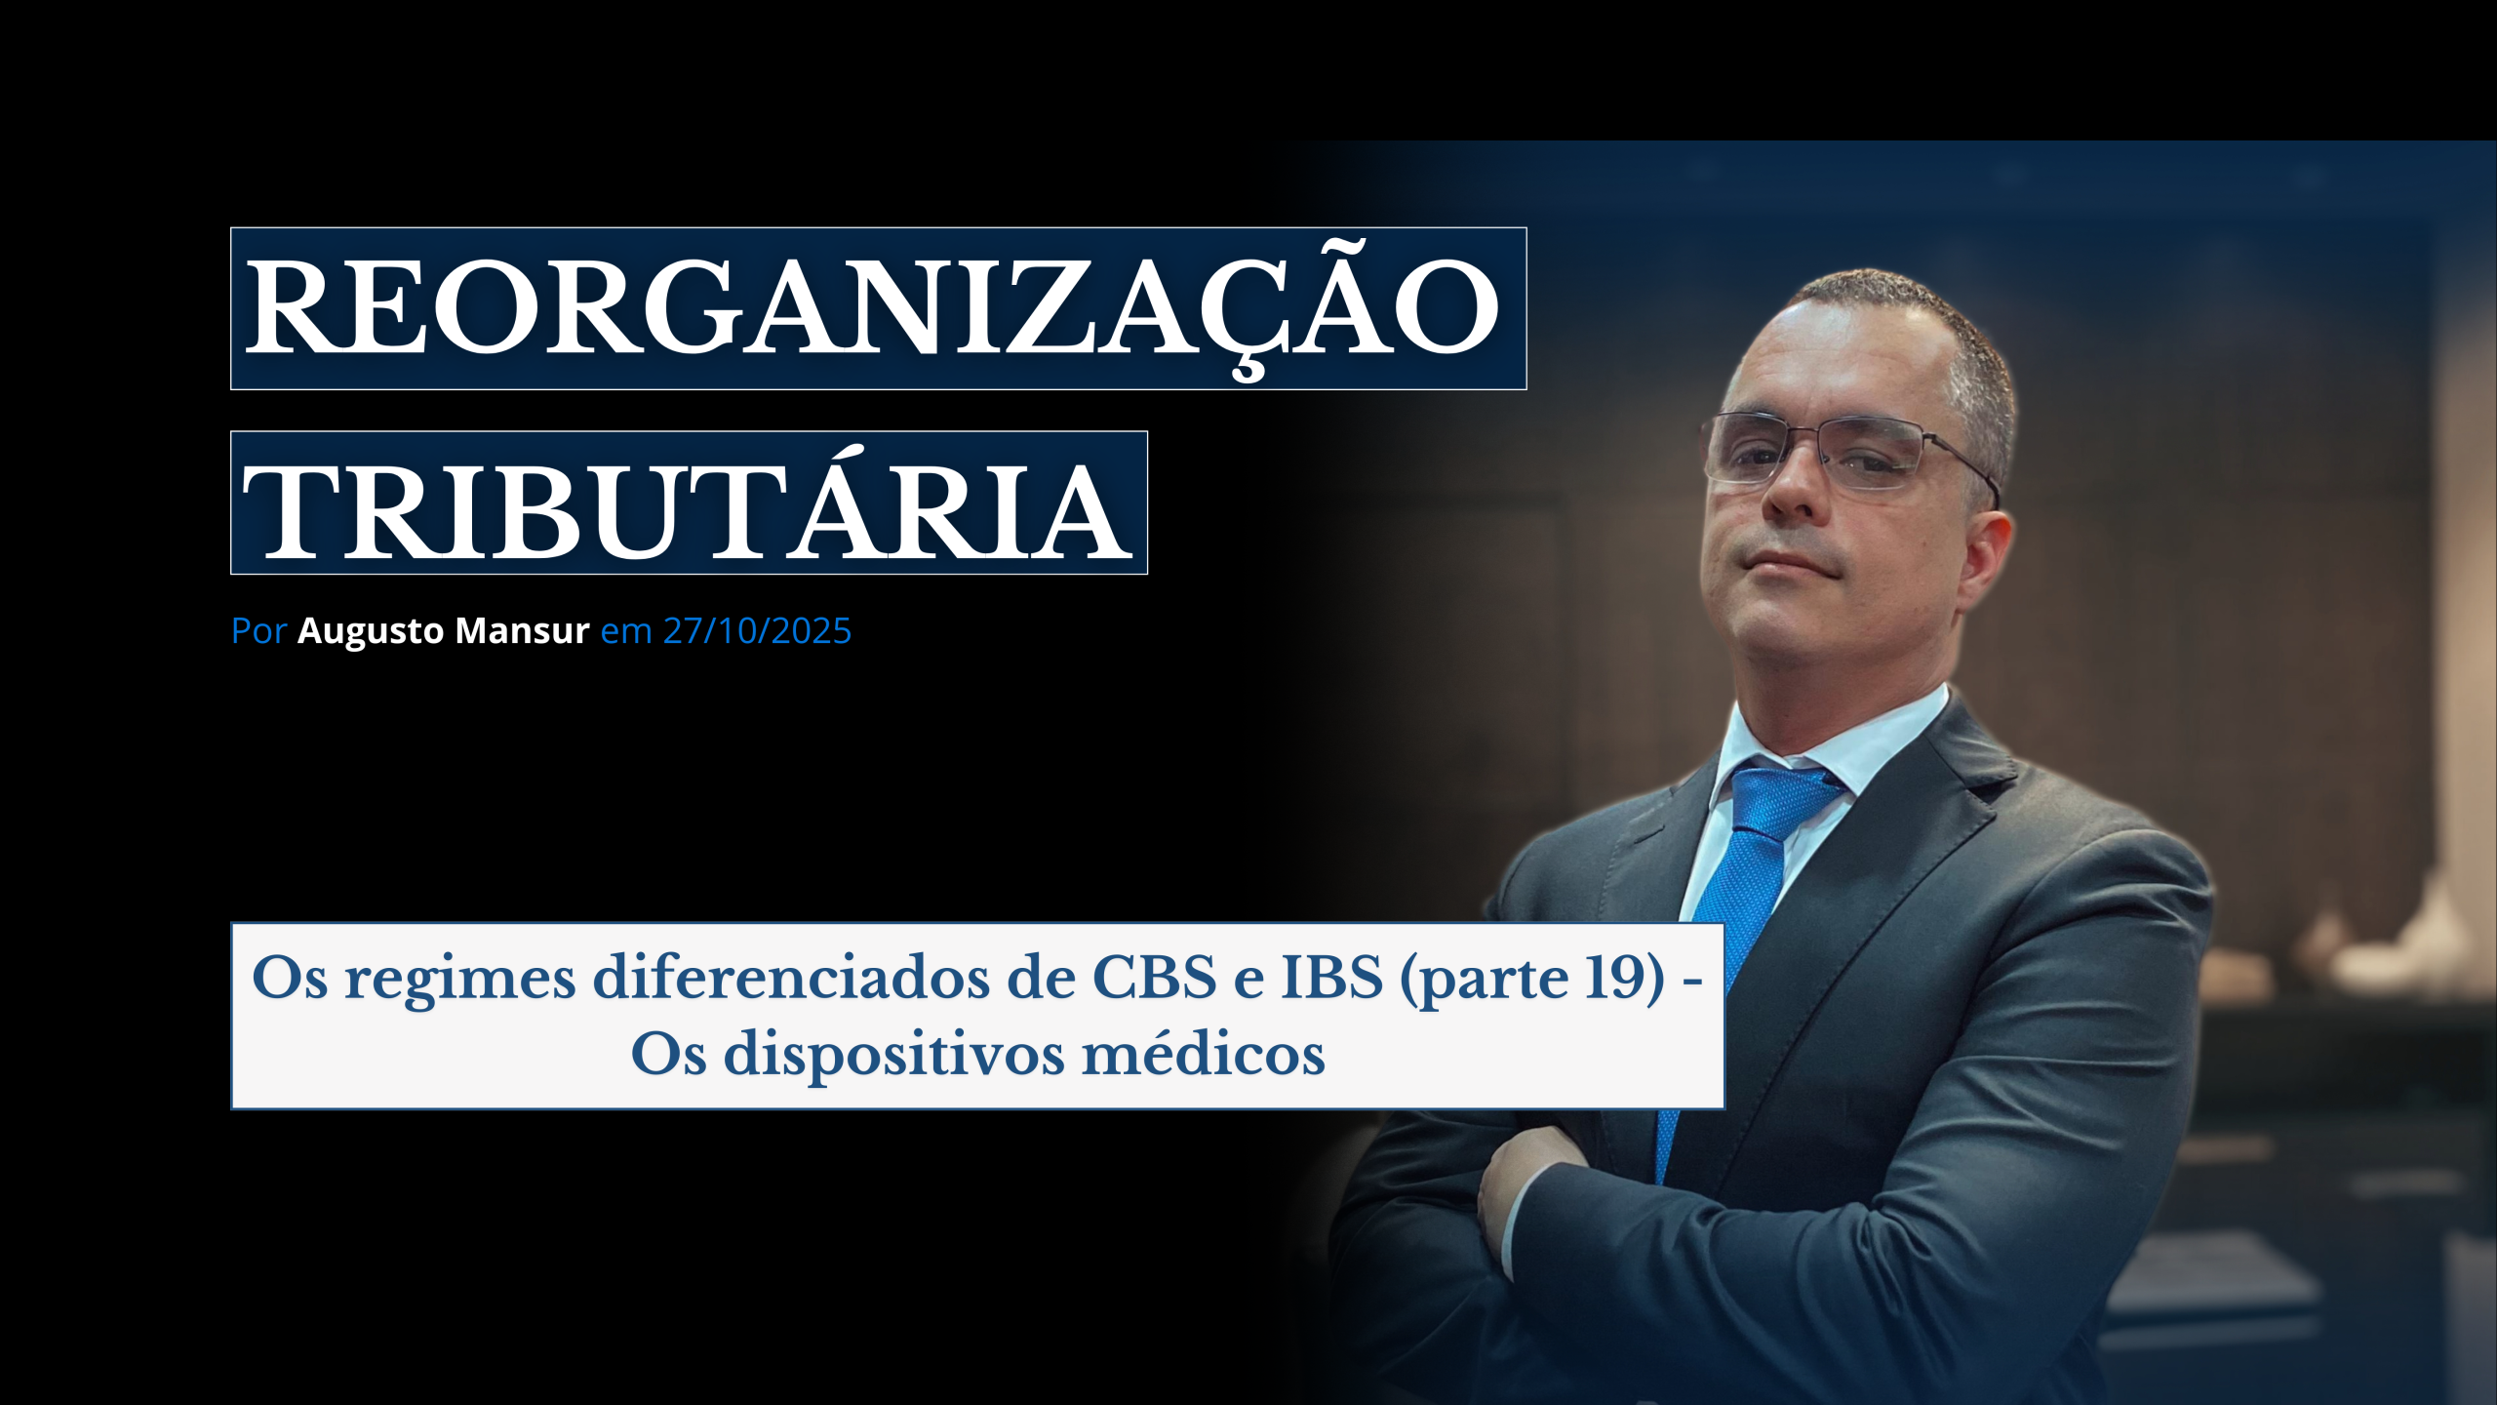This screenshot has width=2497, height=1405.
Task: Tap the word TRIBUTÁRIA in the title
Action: click(x=687, y=504)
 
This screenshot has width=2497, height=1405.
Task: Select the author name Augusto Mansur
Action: click(x=444, y=630)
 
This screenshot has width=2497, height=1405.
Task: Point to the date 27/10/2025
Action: click(x=757, y=630)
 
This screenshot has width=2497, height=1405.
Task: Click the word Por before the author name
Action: click(x=258, y=631)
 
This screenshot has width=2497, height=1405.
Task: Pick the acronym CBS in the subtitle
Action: click(x=1155, y=977)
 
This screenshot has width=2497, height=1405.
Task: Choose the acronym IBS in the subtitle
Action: click(x=1331, y=977)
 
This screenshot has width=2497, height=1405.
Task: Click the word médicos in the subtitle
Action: click(x=1204, y=1054)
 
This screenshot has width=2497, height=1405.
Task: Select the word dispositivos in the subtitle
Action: click(x=894, y=1057)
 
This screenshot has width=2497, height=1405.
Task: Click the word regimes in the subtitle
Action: click(x=460, y=980)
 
